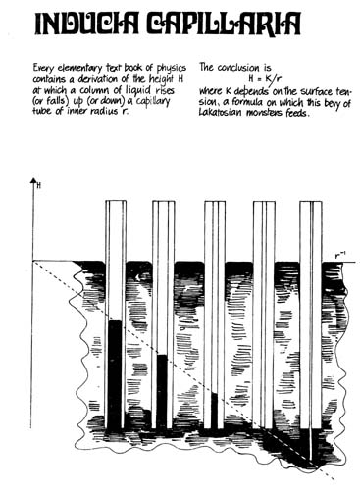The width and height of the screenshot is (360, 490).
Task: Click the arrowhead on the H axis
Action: point(34,182)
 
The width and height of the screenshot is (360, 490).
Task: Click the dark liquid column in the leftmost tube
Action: point(115,372)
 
